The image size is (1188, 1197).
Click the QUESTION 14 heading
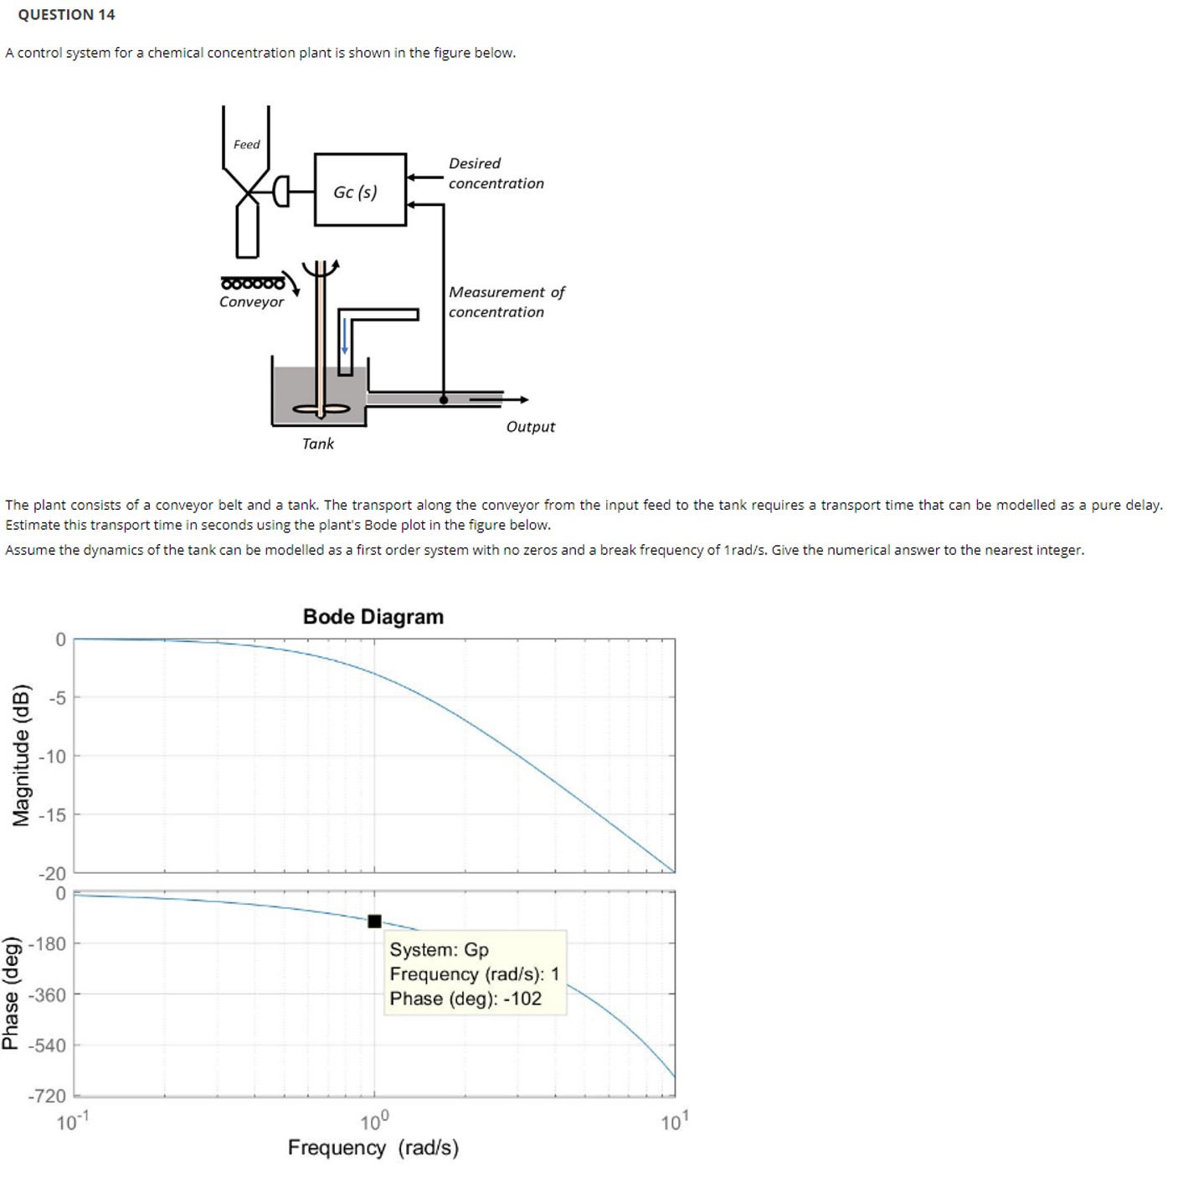[66, 14]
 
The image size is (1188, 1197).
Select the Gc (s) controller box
[359, 190]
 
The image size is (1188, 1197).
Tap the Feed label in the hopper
[246, 144]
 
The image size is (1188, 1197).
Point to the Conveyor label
[251, 301]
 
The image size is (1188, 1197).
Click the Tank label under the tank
[317, 444]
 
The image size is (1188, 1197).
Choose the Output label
[530, 426]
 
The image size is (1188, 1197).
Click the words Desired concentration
[496, 173]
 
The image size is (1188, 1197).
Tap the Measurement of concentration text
[506, 301]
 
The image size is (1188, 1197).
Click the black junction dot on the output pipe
[444, 399]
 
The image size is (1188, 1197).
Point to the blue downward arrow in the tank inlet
[344, 336]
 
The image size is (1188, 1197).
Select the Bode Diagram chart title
[373, 616]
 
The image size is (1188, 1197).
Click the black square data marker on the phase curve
[374, 921]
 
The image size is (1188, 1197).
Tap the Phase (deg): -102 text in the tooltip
[465, 998]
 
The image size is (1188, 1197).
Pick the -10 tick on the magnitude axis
[52, 756]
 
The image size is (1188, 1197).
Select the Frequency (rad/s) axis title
[373, 1147]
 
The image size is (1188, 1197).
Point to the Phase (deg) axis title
[11, 994]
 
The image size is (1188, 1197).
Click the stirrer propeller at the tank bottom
[321, 409]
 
